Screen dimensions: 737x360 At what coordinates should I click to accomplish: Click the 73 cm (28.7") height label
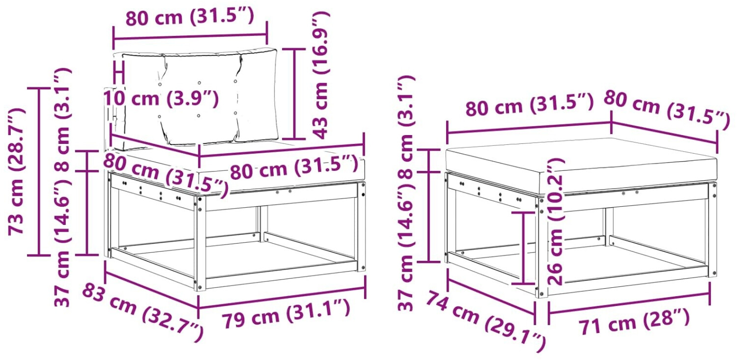tap(16, 171)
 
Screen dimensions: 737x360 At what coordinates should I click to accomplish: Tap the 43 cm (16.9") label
tap(320, 75)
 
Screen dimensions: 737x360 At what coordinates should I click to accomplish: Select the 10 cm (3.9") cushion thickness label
tap(161, 98)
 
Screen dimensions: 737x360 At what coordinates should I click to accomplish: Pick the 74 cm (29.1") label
tap(485, 324)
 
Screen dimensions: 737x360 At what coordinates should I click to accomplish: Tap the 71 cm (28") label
tap(634, 323)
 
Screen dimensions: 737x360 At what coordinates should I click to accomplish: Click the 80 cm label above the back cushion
tap(190, 17)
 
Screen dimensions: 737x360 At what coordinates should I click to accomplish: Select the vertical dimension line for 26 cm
tap(523, 248)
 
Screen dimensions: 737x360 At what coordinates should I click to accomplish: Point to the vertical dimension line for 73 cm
tap(39, 171)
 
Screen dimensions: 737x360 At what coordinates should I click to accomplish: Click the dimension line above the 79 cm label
tap(282, 298)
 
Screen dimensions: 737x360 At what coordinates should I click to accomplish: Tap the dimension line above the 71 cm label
tap(629, 303)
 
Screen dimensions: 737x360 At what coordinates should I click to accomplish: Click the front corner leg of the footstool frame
tap(541, 247)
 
